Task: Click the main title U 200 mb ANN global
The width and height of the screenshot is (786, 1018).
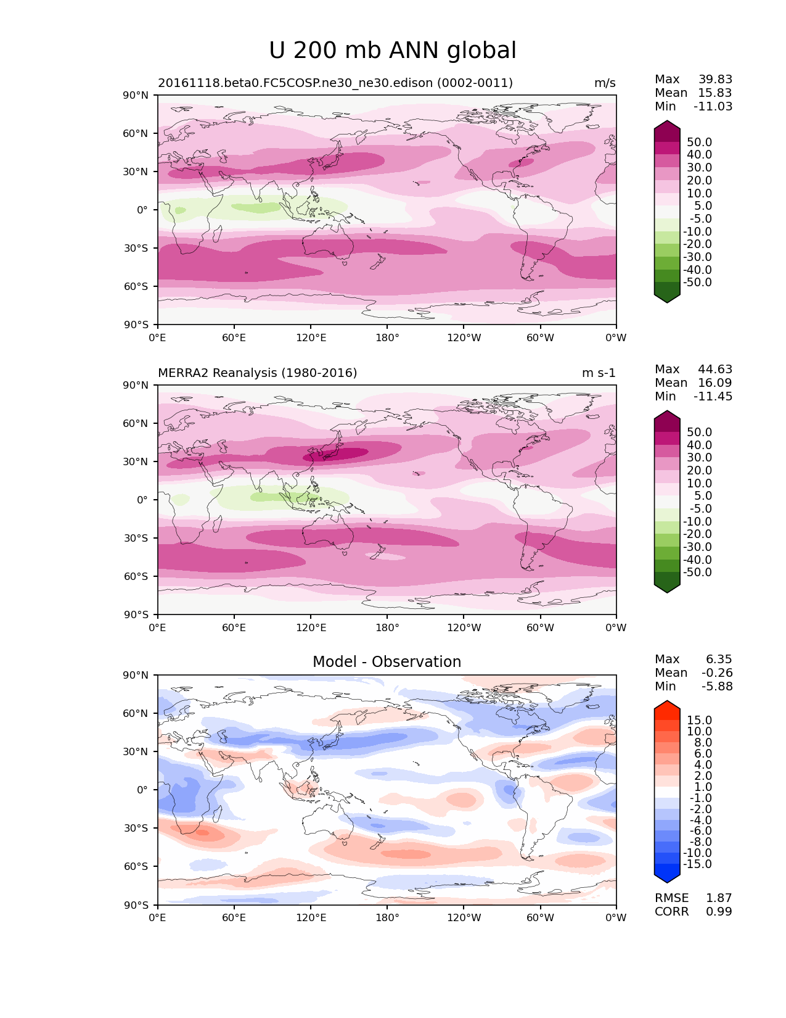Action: coord(393,51)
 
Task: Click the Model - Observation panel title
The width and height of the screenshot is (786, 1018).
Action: coord(387,662)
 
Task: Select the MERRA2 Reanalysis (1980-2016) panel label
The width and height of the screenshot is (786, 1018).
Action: coord(257,373)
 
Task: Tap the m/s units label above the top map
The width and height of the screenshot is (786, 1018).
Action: coord(605,83)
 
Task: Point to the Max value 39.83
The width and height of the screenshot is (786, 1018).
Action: coord(715,80)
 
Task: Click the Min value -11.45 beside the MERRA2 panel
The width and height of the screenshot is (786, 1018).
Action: coord(713,397)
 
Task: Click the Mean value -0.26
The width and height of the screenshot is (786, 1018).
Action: coord(717,673)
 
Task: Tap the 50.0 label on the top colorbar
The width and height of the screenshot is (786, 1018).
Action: coord(699,143)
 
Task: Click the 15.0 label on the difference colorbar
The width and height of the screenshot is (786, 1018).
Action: coord(699,721)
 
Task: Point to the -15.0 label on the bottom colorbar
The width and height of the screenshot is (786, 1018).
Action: coord(697,864)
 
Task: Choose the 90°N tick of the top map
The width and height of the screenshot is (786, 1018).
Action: coord(136,96)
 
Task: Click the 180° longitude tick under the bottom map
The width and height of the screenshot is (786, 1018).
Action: coord(387,918)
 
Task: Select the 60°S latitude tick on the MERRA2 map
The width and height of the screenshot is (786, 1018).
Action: coord(136,576)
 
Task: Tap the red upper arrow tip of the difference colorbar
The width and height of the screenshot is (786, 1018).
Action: coord(667,705)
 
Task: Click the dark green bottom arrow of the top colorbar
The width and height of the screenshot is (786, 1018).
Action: coord(667,297)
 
